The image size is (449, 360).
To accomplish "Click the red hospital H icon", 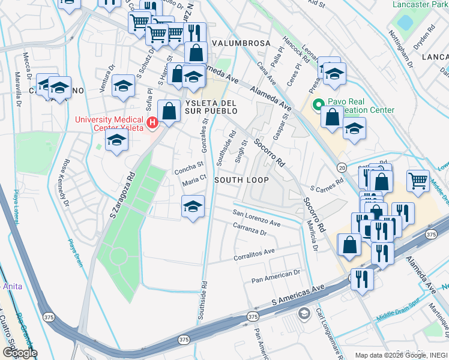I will pyautogui.click(x=152, y=123).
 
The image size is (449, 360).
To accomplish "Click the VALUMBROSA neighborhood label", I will pyautogui.click(x=237, y=44).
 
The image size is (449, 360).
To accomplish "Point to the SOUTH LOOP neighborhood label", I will pyautogui.click(x=241, y=180).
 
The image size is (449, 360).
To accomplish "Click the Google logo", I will pyautogui.click(x=19, y=353).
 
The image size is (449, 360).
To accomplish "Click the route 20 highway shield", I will pyautogui.click(x=342, y=167).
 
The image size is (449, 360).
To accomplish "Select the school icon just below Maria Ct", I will pyautogui.click(x=191, y=208).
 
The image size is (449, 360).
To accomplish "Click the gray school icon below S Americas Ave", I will pyautogui.click(x=304, y=313).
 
